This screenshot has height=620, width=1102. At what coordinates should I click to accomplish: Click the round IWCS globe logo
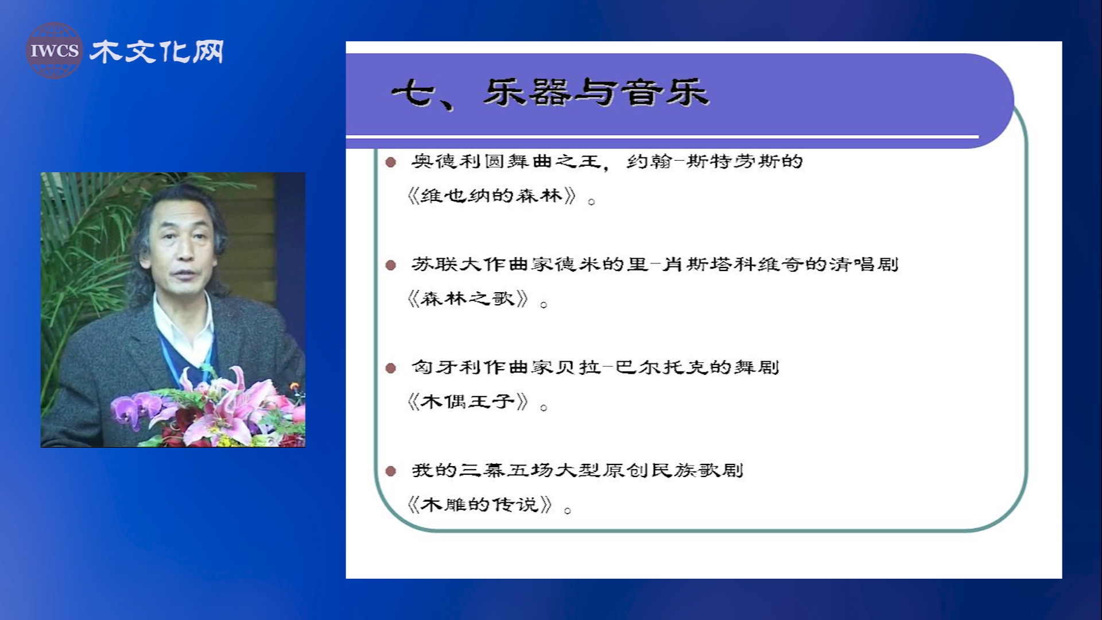(x=54, y=51)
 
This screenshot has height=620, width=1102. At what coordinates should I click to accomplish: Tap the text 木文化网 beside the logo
(x=157, y=52)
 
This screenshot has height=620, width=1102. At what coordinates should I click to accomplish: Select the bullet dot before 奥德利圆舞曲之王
(x=391, y=162)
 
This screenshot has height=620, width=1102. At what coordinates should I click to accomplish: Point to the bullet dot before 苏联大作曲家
(x=391, y=265)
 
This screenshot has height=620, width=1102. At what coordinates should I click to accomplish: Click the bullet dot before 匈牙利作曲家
(x=391, y=368)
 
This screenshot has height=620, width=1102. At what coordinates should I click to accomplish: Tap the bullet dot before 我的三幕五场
(x=391, y=471)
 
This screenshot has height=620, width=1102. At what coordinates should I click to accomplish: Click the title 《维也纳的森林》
(x=491, y=196)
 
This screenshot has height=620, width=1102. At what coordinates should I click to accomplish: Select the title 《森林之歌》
(x=467, y=299)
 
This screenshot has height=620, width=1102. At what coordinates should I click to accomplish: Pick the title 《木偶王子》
(x=467, y=402)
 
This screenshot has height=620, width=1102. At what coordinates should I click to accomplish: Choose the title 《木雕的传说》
(x=479, y=505)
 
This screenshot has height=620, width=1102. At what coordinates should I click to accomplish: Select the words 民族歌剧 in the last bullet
(x=697, y=470)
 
